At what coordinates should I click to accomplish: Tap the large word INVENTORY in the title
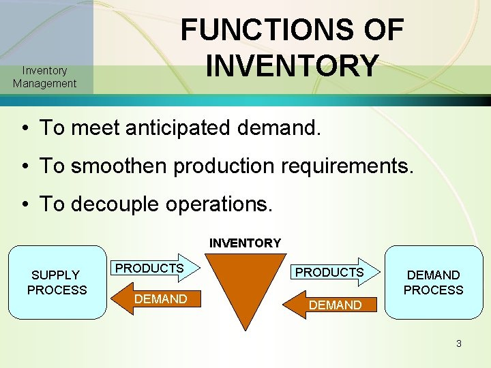click(x=292, y=66)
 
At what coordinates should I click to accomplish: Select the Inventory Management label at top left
click(x=44, y=77)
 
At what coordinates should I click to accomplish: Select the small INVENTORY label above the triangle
click(x=245, y=243)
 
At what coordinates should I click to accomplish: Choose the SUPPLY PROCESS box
click(x=57, y=282)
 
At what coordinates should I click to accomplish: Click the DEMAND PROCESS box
click(x=433, y=282)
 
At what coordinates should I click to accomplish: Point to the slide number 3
click(x=459, y=343)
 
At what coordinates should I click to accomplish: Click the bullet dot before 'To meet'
click(x=23, y=127)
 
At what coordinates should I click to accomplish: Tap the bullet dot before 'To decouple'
click(x=23, y=204)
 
